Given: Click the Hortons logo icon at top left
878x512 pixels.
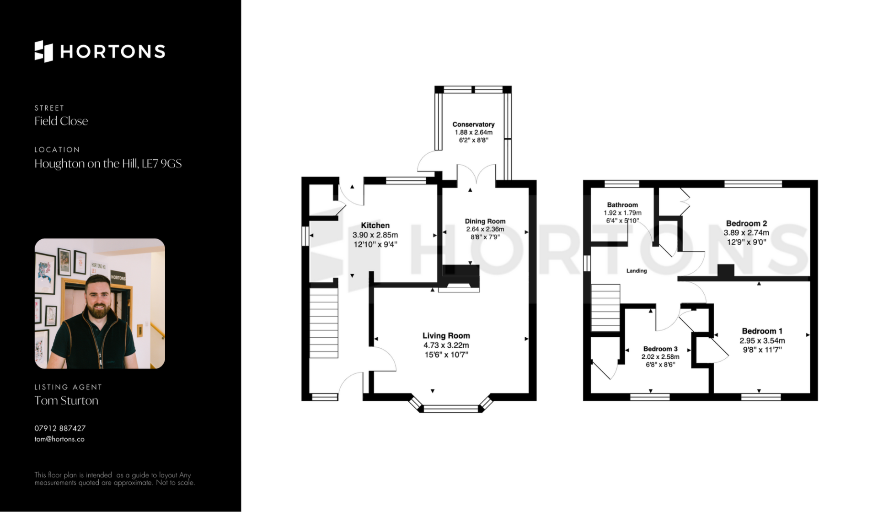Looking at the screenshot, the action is click(x=44, y=51).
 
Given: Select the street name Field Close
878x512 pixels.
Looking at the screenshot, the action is click(x=61, y=121).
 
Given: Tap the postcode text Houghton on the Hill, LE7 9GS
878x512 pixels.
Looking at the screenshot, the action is click(x=108, y=164).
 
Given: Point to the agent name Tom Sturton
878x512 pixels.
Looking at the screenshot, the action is click(x=66, y=400).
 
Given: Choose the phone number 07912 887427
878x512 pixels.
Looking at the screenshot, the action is click(x=60, y=428).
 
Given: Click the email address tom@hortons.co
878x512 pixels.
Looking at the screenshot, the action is click(x=59, y=439).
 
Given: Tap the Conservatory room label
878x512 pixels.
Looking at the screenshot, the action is click(x=473, y=124).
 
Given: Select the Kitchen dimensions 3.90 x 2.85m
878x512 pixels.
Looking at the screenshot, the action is click(x=375, y=235).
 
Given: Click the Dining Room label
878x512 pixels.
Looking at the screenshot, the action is click(x=485, y=221).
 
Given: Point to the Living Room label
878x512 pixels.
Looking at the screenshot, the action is click(x=446, y=335).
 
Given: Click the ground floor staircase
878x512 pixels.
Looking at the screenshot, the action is click(x=324, y=323).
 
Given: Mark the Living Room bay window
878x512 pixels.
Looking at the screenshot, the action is click(x=450, y=406).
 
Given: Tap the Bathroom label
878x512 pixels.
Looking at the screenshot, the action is click(x=622, y=205).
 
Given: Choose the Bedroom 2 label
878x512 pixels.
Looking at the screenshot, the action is click(x=746, y=223).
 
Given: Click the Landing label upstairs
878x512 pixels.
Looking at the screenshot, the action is click(x=637, y=271).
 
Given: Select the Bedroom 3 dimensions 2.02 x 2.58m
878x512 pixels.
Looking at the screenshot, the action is click(x=660, y=357).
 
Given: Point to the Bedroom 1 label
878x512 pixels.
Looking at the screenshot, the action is click(x=762, y=331).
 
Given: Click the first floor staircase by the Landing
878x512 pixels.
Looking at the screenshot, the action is click(x=605, y=307).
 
